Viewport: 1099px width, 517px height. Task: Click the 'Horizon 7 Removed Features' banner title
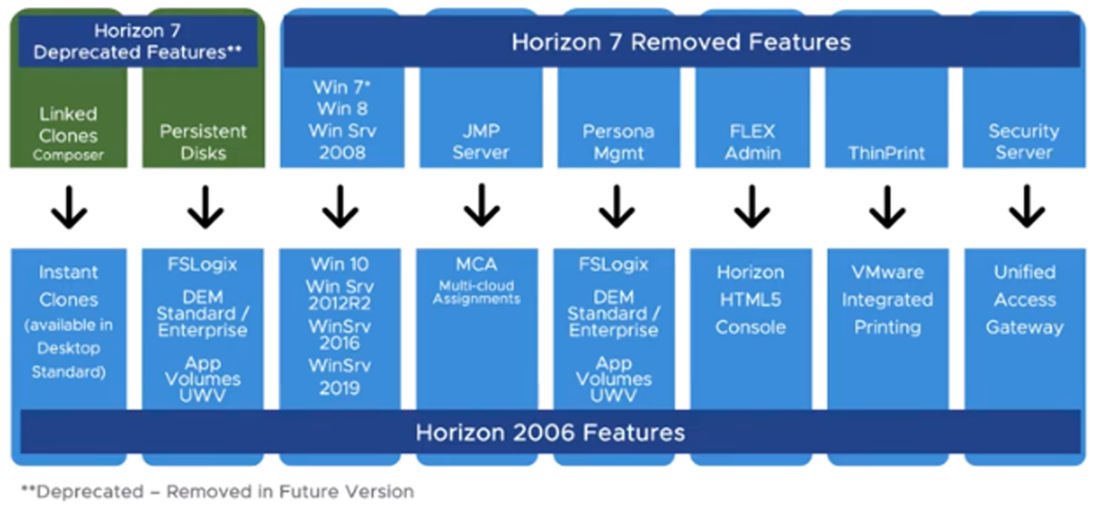(681, 41)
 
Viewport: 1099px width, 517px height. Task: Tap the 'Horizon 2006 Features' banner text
(550, 433)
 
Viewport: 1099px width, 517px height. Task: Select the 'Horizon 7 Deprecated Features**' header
(138, 42)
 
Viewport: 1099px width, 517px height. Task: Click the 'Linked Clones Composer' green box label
(69, 134)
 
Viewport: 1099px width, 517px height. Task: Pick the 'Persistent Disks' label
(203, 142)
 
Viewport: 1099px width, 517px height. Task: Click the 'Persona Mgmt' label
(618, 142)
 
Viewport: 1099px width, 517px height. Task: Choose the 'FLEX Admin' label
(752, 142)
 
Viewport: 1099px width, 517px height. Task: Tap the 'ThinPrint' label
(887, 152)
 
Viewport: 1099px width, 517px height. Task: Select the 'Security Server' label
(1024, 142)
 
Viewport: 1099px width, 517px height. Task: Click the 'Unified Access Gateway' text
(1024, 299)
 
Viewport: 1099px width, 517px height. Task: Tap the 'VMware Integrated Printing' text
(887, 299)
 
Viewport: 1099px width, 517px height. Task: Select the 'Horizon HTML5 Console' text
(750, 299)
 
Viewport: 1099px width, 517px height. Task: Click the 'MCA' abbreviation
(477, 264)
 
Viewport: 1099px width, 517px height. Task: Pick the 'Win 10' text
(340, 264)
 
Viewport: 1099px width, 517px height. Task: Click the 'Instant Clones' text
(69, 286)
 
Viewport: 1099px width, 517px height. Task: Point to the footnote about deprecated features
(217, 491)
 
